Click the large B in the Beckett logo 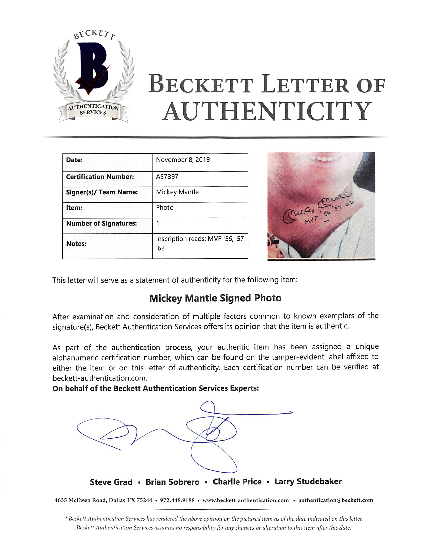[93, 66]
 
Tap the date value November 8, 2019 [183, 160]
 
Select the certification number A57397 [167, 177]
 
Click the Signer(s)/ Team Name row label [102, 192]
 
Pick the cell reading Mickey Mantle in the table [177, 192]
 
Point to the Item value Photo [165, 208]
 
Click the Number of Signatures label [101, 223]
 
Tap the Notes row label [76, 244]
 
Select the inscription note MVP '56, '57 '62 [200, 243]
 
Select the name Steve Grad [111, 482]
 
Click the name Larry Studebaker [308, 481]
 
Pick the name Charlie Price [237, 482]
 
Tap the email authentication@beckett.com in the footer [335, 500]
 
